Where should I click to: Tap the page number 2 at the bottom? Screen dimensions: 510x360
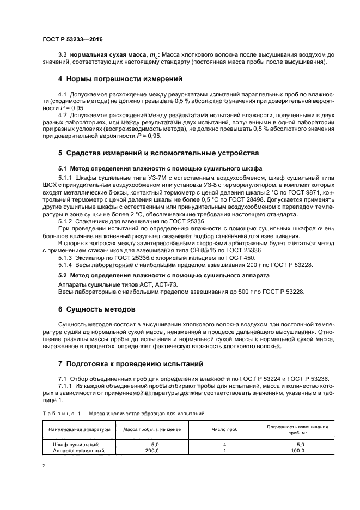click(44, 466)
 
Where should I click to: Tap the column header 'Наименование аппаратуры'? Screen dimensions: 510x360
click(79, 429)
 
